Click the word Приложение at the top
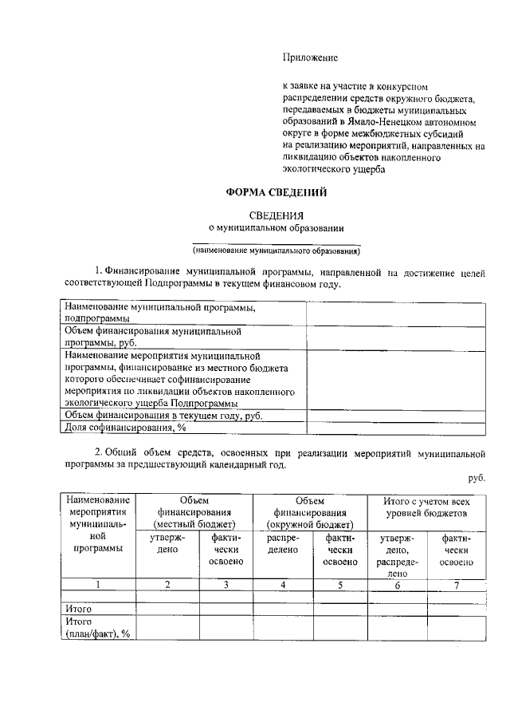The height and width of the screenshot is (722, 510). pos(310,57)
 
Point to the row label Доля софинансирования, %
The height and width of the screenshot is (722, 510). pos(125,428)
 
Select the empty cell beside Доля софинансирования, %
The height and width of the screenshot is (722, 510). pos(396,428)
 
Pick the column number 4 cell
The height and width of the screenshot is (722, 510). pos(283,584)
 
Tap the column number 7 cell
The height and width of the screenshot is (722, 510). pos(457,584)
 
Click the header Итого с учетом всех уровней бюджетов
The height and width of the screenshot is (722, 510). pos(426,507)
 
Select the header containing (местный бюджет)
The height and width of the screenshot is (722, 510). pos(194,512)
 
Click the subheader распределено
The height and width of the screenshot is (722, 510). pos(283,544)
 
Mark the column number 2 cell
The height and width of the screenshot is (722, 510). pos(167,584)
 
